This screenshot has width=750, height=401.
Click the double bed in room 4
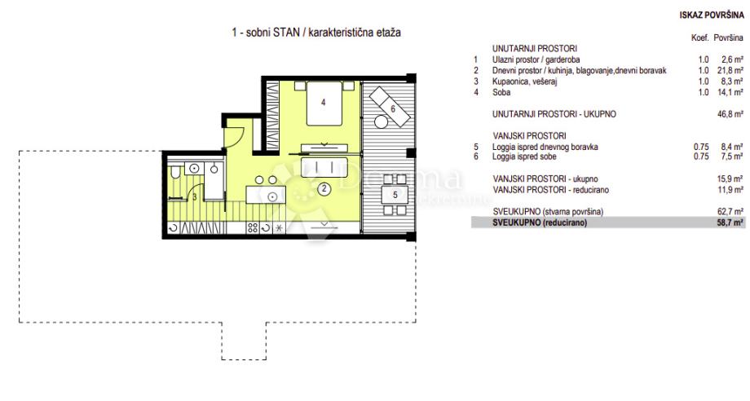coord(324,104)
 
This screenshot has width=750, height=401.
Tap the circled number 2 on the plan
coord(324,188)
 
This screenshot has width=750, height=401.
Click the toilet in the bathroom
coord(175,171)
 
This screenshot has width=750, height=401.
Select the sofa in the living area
coord(324,167)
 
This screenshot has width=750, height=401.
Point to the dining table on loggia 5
coord(395,195)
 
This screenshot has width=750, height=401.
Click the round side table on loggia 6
coord(382,122)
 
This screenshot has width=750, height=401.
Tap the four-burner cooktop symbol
coord(253,228)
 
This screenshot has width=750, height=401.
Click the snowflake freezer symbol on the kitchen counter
coord(278,228)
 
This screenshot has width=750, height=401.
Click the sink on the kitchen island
coord(272,196)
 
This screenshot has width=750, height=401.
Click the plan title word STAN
coord(286,33)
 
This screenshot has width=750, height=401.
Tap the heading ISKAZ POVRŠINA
coord(712,15)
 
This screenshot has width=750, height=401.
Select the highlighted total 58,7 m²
coord(730,223)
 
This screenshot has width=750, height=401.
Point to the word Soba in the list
coord(501,92)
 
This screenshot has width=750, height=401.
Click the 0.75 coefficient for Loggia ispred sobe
coord(701,156)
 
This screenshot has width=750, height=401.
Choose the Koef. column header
coord(699,37)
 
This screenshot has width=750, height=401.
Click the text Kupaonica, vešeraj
coord(525,82)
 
